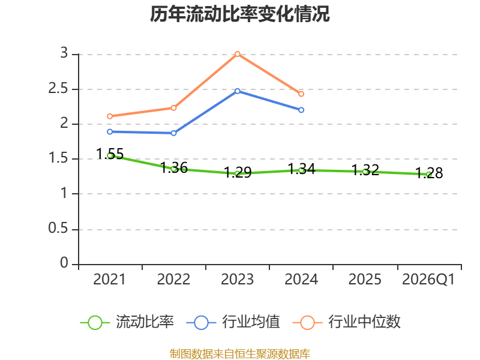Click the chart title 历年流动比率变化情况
tap(239, 14)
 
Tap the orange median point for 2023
tap(237, 54)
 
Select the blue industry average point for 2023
tap(237, 91)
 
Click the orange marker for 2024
tap(301, 94)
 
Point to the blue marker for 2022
tap(173, 133)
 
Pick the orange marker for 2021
tap(110, 116)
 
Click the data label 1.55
tap(110, 154)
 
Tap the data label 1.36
tap(174, 168)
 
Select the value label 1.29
tap(238, 172)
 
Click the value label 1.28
tap(429, 173)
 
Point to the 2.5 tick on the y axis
tap(58, 88)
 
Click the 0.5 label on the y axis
tap(58, 228)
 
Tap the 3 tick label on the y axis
tap(64, 53)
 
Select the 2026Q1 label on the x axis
tap(428, 279)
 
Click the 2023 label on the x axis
tap(237, 279)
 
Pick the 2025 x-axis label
tap(365, 279)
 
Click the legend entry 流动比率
tap(127, 322)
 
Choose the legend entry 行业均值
tap(233, 322)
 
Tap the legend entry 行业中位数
tap(347, 322)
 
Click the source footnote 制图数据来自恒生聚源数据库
tap(240, 354)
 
